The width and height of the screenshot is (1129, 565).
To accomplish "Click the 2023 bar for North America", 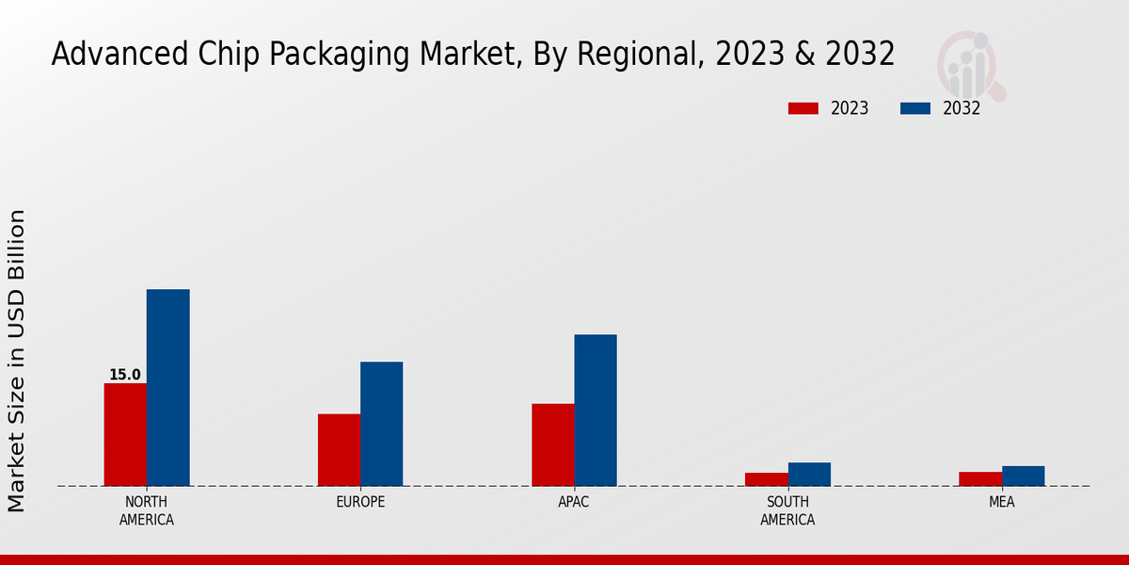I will (125, 434).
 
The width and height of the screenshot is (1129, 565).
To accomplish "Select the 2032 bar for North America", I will (167, 387).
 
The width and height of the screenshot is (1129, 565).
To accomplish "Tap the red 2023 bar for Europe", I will (339, 450).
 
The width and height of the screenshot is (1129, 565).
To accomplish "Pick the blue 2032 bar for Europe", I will (381, 424).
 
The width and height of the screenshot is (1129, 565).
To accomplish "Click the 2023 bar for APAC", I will (552, 444).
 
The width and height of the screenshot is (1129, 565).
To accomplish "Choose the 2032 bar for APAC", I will (596, 410).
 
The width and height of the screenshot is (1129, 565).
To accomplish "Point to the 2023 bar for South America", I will (766, 479).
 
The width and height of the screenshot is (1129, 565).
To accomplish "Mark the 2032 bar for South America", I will (809, 474).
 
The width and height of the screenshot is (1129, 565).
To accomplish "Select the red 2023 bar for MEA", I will (980, 478).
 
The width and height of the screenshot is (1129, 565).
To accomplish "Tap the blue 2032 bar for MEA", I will (1023, 476).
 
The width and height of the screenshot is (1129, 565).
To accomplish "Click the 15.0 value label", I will (124, 375).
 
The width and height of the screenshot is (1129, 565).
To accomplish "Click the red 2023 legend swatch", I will (803, 108).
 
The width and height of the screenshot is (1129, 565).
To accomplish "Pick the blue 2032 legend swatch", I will (915, 108).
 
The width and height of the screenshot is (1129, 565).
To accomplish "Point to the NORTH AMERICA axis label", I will (147, 510).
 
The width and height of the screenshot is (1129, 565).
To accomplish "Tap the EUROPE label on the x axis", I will (360, 502).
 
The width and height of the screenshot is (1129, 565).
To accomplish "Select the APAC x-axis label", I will (574, 502).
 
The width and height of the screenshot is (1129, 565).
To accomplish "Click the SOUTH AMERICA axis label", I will (787, 510).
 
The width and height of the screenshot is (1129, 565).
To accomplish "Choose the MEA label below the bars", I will (1001, 502).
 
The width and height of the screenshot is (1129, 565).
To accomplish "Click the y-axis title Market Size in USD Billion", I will (17, 361).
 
